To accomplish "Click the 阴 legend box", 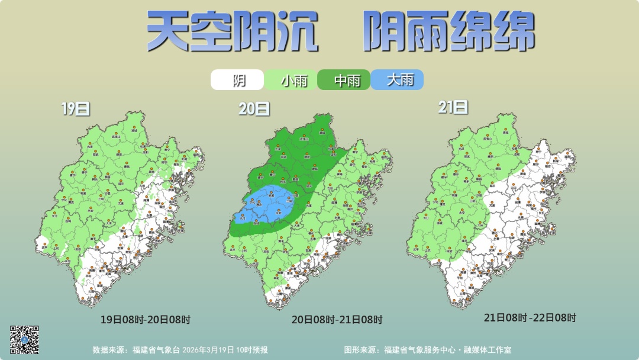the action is click(237, 80).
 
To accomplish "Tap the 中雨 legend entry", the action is click(344, 80).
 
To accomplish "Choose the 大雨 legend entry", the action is click(397, 80).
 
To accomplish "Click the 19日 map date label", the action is click(75, 109).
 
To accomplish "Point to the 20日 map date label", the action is click(254, 109).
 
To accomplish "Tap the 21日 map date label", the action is click(453, 107).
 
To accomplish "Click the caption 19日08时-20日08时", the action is click(146, 320).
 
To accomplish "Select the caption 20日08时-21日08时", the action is click(337, 320).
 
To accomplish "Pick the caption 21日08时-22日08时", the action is click(530, 318).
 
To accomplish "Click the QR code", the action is click(24, 340).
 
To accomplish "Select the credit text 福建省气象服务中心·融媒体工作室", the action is click(448, 350).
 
